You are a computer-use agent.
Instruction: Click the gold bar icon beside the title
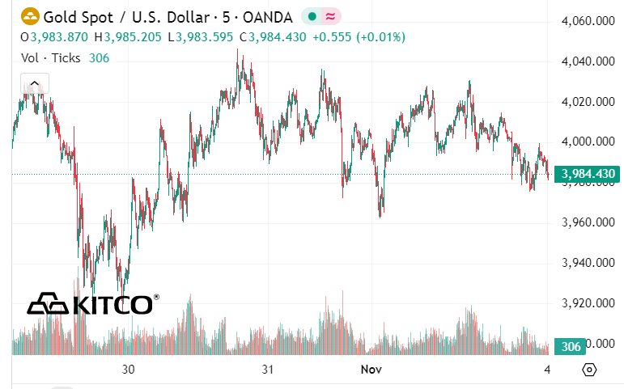(30, 15)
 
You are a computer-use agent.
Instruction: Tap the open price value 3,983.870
(59, 37)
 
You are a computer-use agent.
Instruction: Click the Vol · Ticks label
(51, 57)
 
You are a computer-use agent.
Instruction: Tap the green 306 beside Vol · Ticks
(100, 57)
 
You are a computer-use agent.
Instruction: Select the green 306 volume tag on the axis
(571, 346)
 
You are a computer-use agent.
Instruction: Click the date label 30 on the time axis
(128, 370)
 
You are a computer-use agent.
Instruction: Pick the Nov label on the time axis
(371, 370)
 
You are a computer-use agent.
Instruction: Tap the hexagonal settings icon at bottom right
(589, 370)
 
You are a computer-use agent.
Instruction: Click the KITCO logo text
(112, 305)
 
